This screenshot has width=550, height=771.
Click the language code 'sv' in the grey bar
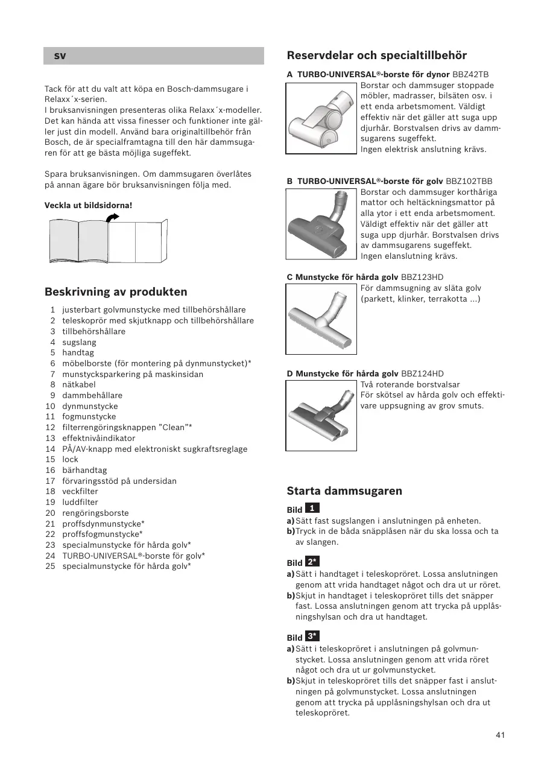coord(60,56)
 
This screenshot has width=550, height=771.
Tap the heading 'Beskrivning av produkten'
coord(116,292)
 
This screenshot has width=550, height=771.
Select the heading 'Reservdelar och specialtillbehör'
coord(376,56)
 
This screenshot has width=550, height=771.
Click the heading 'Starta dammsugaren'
coord(344,491)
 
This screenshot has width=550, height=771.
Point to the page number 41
coord(500,735)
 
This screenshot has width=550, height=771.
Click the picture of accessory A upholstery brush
coord(321,118)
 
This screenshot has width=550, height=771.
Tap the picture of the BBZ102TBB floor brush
coord(321,224)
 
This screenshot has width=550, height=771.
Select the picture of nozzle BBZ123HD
coord(321,319)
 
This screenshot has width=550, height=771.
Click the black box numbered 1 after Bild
coord(312,509)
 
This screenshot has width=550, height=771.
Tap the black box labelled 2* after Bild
coord(312,562)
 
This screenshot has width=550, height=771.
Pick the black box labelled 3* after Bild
coord(312,636)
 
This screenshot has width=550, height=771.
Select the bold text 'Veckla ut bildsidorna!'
coord(88,206)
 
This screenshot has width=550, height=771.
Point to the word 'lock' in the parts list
coord(70,460)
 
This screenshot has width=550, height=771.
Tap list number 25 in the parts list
coord(51,566)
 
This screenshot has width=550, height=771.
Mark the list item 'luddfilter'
coord(80,503)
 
